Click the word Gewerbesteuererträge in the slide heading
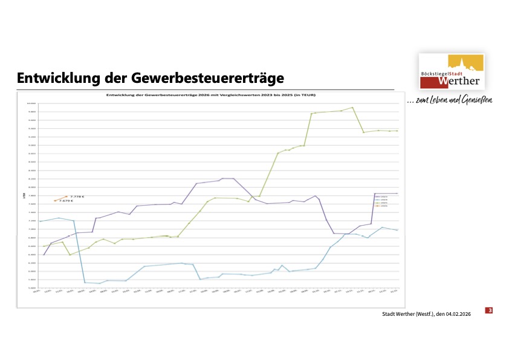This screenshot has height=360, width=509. tap(199, 78)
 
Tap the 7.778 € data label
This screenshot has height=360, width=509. tap(77, 197)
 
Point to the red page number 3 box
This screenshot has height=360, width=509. tap(490, 310)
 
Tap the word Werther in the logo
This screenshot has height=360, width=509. tap(459, 80)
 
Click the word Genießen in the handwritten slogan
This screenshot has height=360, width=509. tap(476, 99)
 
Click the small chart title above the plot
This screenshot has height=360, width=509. tap(211, 95)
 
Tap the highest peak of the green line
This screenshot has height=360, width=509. tap(352, 108)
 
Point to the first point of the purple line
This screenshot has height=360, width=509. tap(44, 255)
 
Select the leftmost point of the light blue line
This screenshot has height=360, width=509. tap(40, 221)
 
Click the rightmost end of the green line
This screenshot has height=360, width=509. tap(397, 131)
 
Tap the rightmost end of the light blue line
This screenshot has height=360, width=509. tap(397, 231)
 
